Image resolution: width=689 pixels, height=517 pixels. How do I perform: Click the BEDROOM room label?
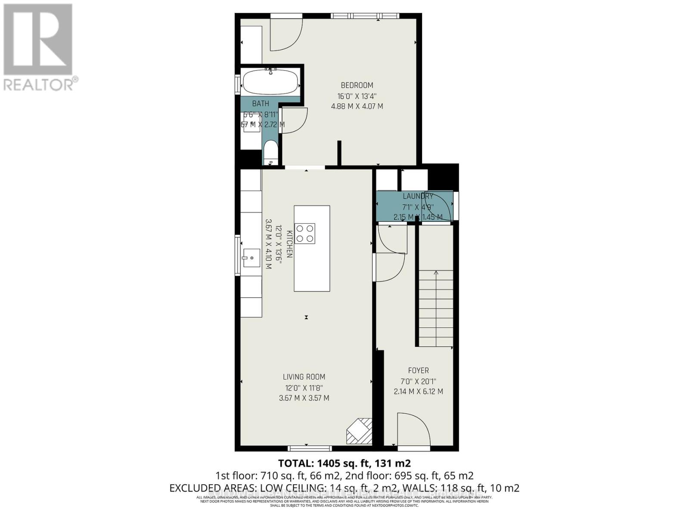click(x=357, y=85)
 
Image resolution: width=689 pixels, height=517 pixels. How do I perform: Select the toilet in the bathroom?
click(x=271, y=152)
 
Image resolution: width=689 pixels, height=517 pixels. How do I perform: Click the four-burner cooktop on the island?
click(x=305, y=234)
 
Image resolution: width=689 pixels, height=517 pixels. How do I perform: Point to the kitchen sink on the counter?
click(x=251, y=258)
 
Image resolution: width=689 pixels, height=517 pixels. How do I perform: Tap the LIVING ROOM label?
click(x=304, y=377)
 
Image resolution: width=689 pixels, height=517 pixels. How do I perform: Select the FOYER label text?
click(x=418, y=371)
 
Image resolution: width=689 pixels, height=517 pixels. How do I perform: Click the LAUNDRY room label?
click(x=418, y=196)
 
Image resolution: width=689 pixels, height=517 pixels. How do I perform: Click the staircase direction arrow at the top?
click(x=436, y=273)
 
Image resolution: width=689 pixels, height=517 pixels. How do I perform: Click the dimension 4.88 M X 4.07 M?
click(x=357, y=106)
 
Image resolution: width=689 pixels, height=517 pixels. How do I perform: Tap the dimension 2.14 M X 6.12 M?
click(x=418, y=392)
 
